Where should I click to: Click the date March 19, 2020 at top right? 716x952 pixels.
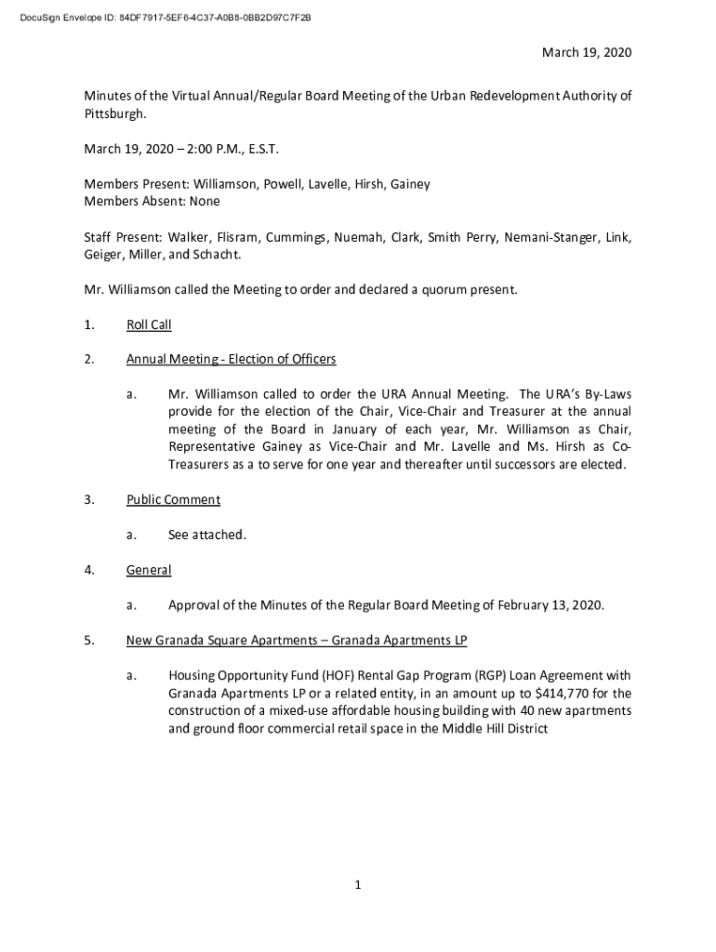coord(587,53)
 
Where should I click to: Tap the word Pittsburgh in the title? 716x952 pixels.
coord(114,113)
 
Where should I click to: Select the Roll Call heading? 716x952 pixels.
coord(149,325)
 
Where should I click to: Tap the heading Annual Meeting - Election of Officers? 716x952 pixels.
coord(232,360)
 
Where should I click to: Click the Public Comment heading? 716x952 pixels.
coord(174,500)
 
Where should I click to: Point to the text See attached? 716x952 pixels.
coord(207,535)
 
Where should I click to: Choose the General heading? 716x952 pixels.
coord(149,570)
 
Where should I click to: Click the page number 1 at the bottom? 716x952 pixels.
coord(357,885)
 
